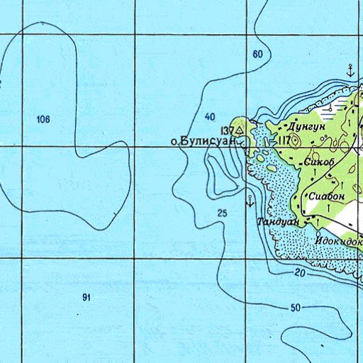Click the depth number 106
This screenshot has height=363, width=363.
click(x=43, y=120)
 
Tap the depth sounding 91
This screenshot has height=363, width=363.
click(x=86, y=298)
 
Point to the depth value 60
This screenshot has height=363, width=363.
click(x=257, y=55)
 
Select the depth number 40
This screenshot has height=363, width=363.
click(x=209, y=116)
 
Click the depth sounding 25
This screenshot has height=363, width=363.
click(x=223, y=213)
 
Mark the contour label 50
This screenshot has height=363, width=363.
click(x=295, y=308)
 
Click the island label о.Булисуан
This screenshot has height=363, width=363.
click(x=204, y=141)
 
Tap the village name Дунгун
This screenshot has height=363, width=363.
click(x=306, y=126)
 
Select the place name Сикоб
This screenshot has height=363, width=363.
click(x=318, y=162)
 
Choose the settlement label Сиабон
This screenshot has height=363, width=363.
click(x=326, y=195)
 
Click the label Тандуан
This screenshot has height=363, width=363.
click(x=279, y=222)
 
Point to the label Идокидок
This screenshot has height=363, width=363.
click(x=339, y=241)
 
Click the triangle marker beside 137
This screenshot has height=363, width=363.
click(x=240, y=130)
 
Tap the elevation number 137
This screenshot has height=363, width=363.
click(x=227, y=130)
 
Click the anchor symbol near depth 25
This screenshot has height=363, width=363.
click(x=250, y=199)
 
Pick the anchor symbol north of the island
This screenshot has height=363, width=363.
click(x=350, y=69)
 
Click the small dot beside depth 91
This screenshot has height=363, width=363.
click(x=76, y=313)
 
